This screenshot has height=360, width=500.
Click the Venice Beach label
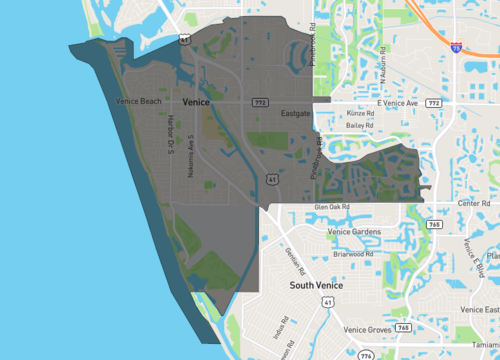(138, 101)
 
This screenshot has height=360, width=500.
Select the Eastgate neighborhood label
(297, 113)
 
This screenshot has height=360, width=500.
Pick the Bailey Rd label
(359, 127)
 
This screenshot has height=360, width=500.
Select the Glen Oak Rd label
(332, 207)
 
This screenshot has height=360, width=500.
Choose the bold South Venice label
(316, 286)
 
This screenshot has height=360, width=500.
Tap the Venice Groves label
(366, 329)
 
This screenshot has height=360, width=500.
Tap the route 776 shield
(365, 355)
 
